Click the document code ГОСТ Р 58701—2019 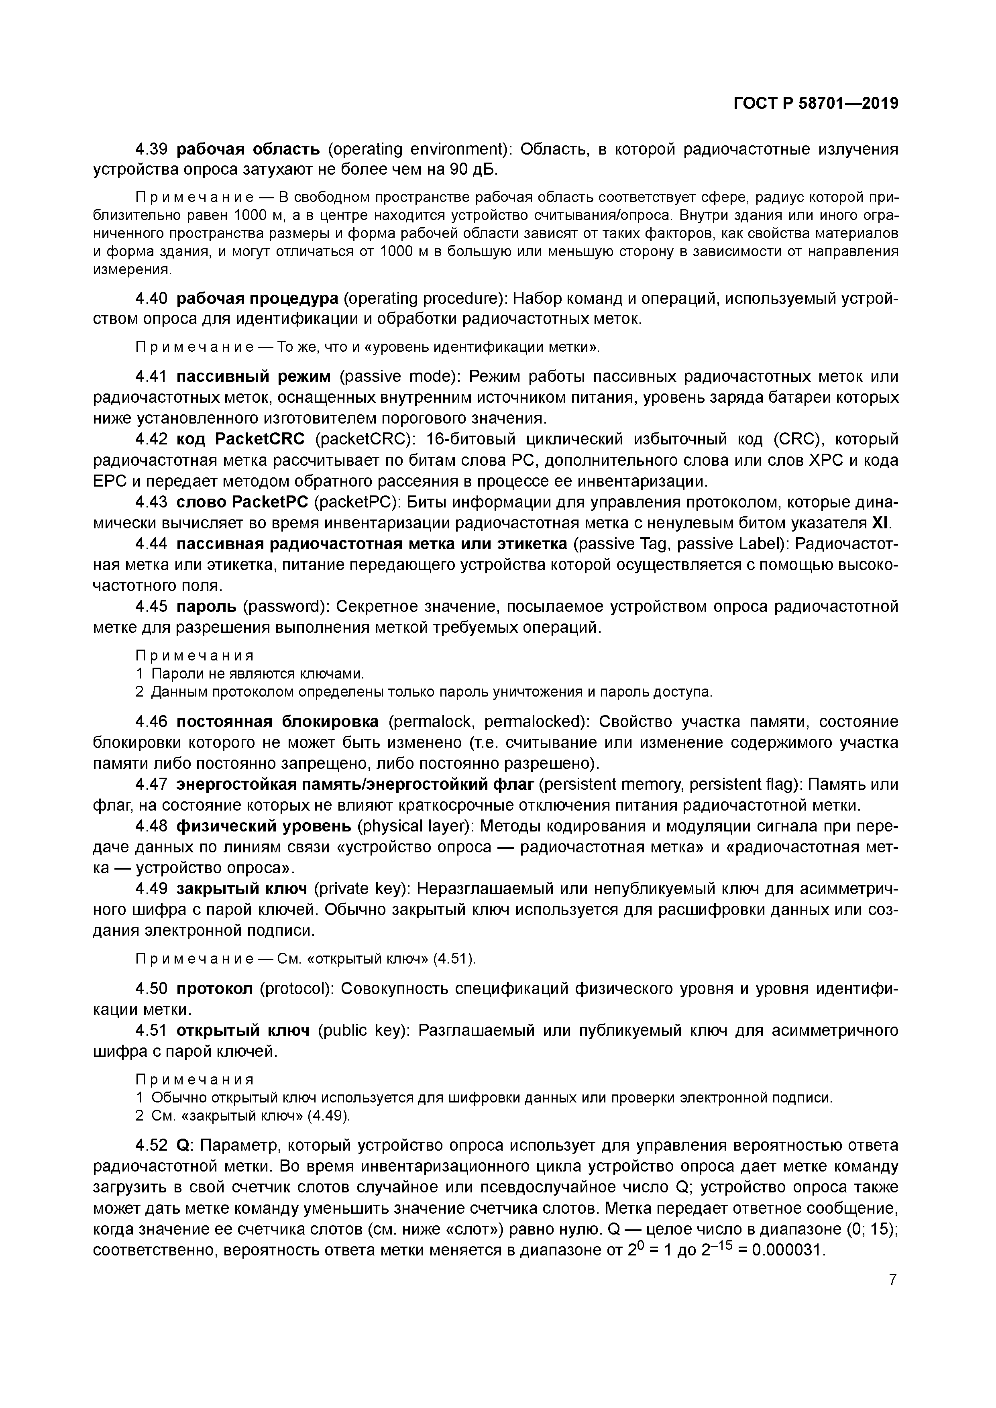tap(816, 104)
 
